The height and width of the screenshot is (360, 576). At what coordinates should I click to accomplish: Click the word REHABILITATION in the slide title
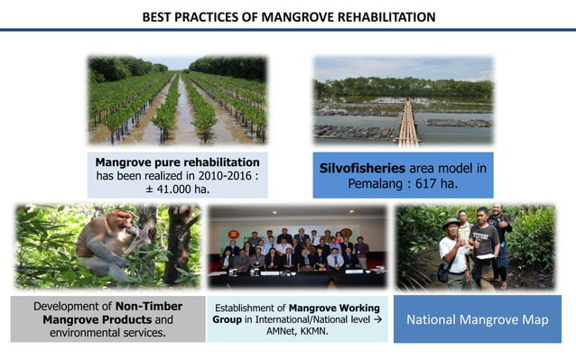(380, 17)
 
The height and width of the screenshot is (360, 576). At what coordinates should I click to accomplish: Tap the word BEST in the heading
(161, 17)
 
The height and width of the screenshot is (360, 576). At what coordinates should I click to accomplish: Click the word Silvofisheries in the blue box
(365, 169)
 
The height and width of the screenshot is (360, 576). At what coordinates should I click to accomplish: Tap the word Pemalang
(376, 184)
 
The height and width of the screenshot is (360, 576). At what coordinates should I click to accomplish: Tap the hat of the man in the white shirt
(451, 223)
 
